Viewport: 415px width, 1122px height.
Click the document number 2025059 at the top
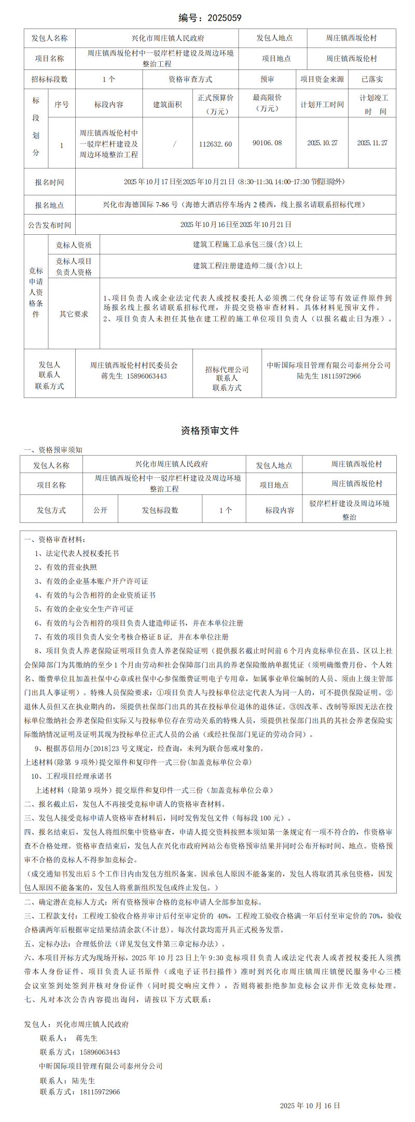click(x=224, y=18)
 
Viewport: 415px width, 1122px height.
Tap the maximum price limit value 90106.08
click(x=267, y=143)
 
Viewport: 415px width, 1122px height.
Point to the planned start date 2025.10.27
click(x=322, y=143)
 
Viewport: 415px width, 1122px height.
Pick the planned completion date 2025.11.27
click(x=372, y=143)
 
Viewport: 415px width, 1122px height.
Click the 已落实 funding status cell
click(x=372, y=79)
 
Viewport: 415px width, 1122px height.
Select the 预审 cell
click(x=267, y=79)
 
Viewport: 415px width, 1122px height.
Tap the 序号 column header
click(x=61, y=105)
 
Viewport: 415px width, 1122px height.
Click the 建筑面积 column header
click(x=167, y=105)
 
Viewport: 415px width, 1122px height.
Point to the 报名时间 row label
click(x=49, y=182)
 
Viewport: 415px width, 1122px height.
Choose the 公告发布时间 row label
click(x=49, y=225)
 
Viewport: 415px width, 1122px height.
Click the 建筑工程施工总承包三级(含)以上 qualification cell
click(x=247, y=245)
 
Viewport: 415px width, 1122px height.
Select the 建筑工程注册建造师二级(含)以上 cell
click(x=247, y=266)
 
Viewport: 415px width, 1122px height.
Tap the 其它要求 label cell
click(x=74, y=314)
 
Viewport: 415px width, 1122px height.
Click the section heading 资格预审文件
click(x=210, y=431)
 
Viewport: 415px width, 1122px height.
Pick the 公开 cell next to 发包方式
click(x=100, y=510)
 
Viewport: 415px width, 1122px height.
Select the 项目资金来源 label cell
click(x=322, y=79)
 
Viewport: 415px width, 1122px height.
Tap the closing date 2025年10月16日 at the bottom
click(x=310, y=1105)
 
